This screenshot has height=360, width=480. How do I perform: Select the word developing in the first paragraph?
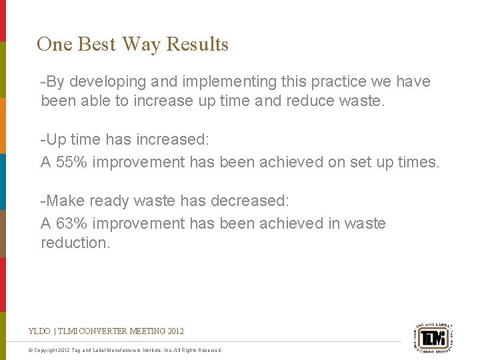pos(101,82)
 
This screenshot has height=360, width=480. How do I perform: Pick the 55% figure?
pos(70,162)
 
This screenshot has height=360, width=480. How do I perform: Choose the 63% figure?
pos(70,223)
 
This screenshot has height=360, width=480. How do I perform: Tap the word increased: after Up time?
pos(173,140)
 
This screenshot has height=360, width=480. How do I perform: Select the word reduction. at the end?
pos(75,243)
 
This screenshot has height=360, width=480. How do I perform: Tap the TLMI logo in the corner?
pos(433,335)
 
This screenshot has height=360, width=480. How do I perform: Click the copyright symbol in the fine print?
pos(31,350)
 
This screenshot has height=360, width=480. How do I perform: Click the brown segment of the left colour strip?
pos(3,233)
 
